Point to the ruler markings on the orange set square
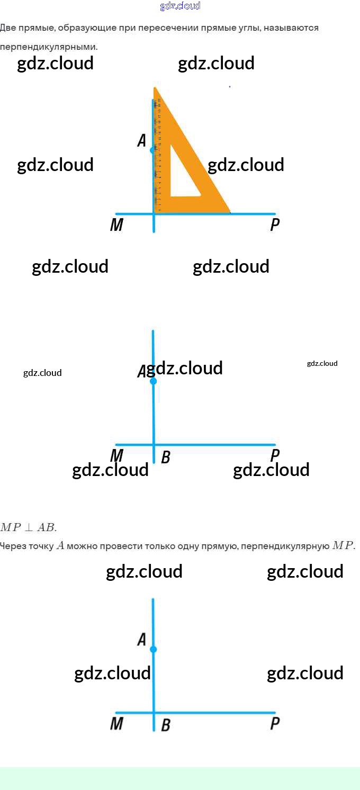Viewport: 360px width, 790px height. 158,154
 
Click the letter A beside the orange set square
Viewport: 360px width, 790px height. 141,141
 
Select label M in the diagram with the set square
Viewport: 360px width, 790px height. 116,226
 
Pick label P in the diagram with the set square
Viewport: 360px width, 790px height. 275,226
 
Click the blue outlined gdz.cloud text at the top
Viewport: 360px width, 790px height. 180,6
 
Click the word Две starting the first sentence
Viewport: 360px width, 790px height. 8,28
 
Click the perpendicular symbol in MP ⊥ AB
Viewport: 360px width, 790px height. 28,527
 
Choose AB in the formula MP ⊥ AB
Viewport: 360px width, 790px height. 46,527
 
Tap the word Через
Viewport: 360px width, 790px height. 12,546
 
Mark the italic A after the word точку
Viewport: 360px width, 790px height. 60,546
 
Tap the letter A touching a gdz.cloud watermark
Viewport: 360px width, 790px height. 141,372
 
